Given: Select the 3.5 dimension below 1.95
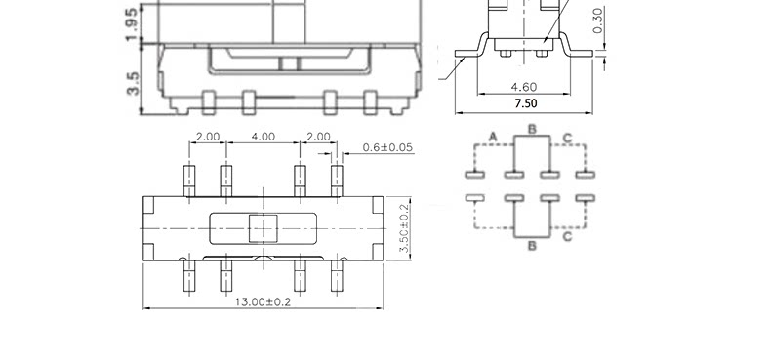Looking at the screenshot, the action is click(x=133, y=83).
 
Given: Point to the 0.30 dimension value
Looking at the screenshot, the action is click(x=598, y=20).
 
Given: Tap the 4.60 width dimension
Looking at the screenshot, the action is click(x=524, y=87).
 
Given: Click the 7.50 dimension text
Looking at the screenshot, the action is click(x=526, y=103).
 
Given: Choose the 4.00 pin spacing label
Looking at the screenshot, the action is click(x=264, y=137).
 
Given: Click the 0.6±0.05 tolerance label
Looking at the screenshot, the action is click(x=387, y=147).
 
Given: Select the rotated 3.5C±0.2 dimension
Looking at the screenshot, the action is click(x=404, y=228).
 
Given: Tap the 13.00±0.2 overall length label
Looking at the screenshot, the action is click(x=263, y=301).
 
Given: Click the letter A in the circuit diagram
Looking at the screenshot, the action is click(x=494, y=137).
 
